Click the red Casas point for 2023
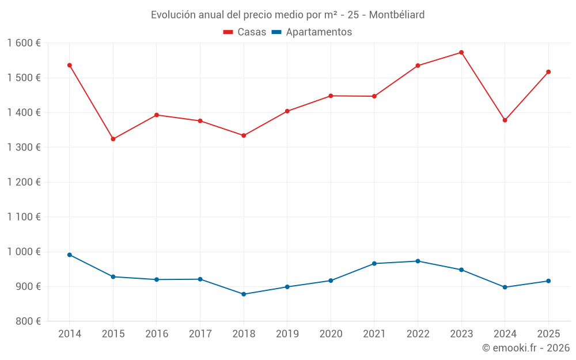[461, 52]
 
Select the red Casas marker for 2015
[113, 139]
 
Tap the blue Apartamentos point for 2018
[244, 294]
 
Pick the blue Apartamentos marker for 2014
[70, 255]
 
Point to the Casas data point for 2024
[505, 120]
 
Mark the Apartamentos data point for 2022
[418, 261]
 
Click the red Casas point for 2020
[331, 96]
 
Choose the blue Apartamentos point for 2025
[548, 281]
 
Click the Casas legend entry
[245, 32]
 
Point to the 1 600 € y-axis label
[24, 43]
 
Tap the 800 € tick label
[28, 321]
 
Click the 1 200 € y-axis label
[24, 182]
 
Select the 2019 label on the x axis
[287, 334]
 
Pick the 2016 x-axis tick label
[157, 334]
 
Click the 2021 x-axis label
[374, 334]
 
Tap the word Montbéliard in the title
[397, 15]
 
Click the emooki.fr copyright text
[526, 348]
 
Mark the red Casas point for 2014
[70, 65]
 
